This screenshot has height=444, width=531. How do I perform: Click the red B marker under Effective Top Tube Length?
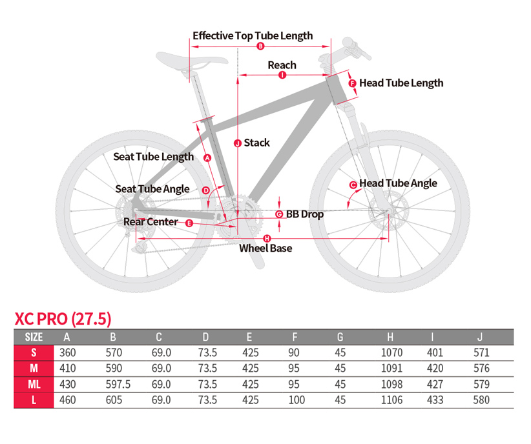(260, 46)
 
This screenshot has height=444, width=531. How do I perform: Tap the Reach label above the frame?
(282, 65)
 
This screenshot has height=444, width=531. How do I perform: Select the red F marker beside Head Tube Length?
(353, 83)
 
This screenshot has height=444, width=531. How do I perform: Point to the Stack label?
(256, 143)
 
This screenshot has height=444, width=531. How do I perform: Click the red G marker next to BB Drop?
(279, 214)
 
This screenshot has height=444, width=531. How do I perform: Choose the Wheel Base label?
(265, 248)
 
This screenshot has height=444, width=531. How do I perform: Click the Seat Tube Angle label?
(152, 189)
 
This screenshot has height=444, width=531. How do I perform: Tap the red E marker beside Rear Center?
(189, 223)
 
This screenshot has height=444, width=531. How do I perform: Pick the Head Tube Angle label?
(398, 183)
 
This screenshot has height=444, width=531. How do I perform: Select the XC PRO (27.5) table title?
(63, 319)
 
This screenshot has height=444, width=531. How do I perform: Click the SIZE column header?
(34, 337)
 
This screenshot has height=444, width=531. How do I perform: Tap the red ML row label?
(34, 385)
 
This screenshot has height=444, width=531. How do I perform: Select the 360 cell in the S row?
(67, 353)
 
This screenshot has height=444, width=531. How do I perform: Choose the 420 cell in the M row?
(437, 368)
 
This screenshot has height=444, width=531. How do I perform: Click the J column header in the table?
(479, 337)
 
